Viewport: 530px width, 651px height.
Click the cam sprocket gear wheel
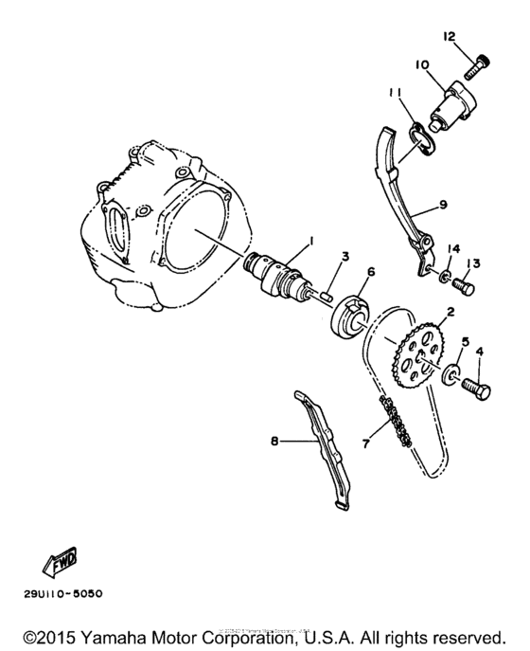(418, 356)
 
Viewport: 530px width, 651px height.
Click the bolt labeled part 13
(464, 282)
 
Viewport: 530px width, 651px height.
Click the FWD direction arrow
(59, 563)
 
